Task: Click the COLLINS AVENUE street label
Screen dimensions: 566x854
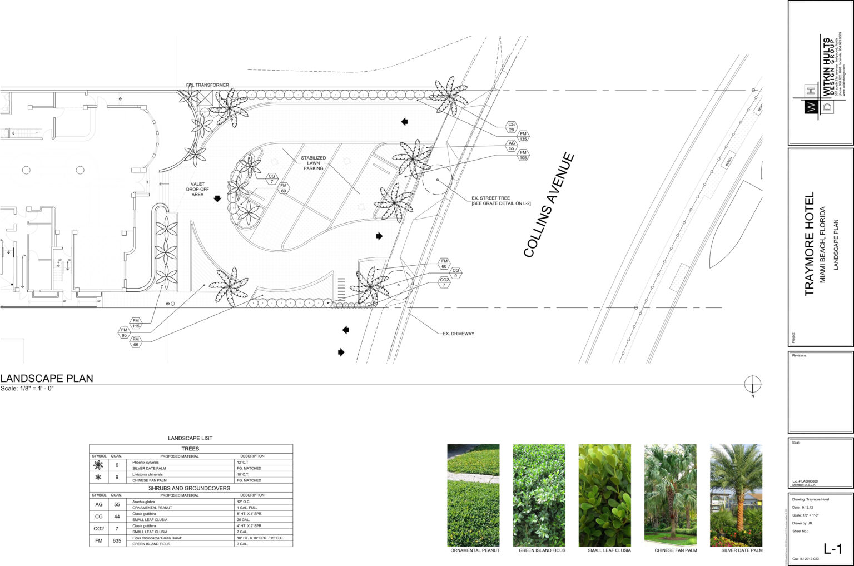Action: click(x=549, y=205)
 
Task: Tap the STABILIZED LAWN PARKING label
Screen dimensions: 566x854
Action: click(x=314, y=163)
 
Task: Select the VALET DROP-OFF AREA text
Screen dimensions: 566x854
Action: click(x=197, y=189)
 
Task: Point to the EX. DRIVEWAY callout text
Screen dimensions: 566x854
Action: click(x=458, y=334)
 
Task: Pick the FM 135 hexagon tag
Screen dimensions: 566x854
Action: click(x=523, y=136)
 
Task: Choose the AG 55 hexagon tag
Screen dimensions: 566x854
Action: click(x=512, y=146)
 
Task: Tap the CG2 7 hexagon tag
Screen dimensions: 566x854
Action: click(x=444, y=282)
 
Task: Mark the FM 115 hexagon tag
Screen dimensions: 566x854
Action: click(x=136, y=324)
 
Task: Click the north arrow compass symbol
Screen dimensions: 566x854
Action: click(x=753, y=384)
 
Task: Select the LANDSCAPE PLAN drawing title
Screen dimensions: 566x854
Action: click(x=47, y=378)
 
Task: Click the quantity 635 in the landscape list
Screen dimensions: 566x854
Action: click(x=117, y=540)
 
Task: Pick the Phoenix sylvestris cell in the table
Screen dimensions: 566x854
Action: click(x=146, y=463)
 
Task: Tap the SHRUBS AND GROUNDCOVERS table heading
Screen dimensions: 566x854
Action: click(x=189, y=488)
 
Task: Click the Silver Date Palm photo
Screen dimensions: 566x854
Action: click(x=736, y=495)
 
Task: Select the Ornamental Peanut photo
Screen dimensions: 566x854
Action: click(x=473, y=495)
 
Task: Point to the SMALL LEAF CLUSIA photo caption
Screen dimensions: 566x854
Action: click(x=609, y=550)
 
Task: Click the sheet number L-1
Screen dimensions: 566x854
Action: click(x=832, y=549)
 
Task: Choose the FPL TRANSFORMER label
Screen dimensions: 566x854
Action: click(x=207, y=85)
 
